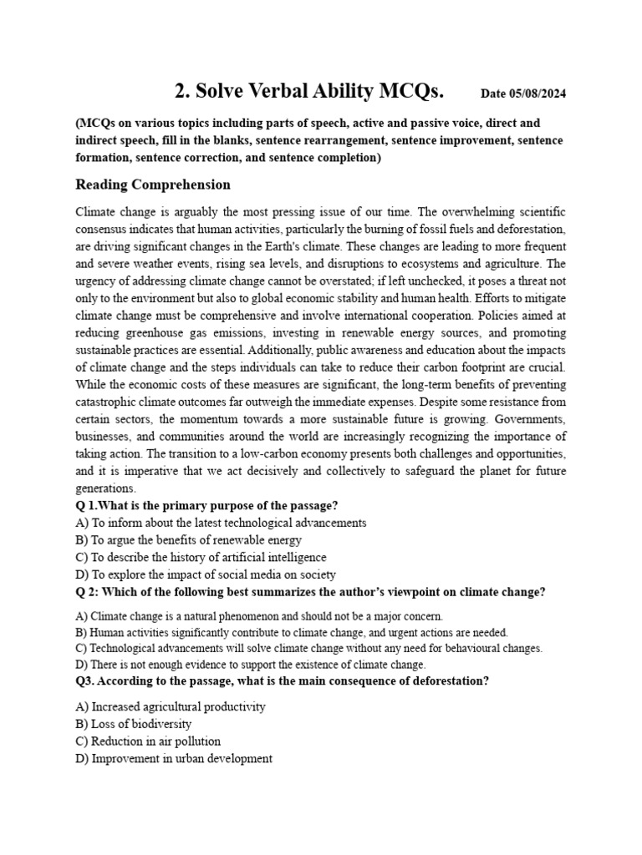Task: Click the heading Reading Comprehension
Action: pyautogui.click(x=153, y=185)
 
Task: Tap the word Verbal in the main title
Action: pyautogui.click(x=273, y=90)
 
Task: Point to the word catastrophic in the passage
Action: pyautogui.click(x=113, y=401)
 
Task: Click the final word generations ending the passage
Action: pyautogui.click(x=104, y=488)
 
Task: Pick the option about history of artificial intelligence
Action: pyautogui.click(x=201, y=557)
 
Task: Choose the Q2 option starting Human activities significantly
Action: pyautogui.click(x=291, y=633)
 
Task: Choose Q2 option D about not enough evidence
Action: pyautogui.click(x=250, y=665)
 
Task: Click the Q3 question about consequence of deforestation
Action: pyautogui.click(x=282, y=681)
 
